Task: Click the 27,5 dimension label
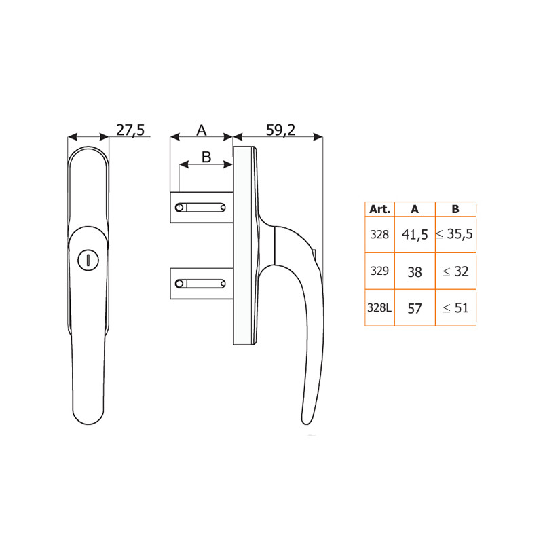coord(130,130)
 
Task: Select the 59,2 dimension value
coord(280,130)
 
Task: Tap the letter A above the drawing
coord(201,130)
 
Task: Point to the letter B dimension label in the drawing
coord(206,157)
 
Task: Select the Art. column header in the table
coord(379,209)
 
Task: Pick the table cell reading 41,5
coord(415,235)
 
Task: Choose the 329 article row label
coord(379,271)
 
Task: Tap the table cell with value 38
coord(415,272)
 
